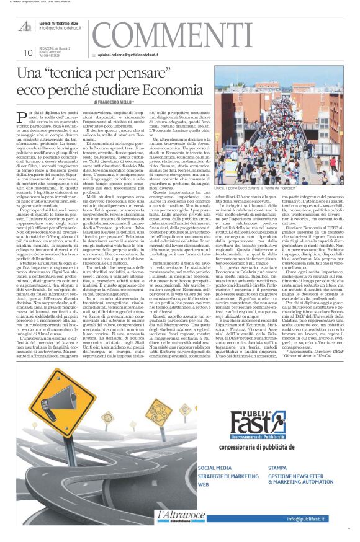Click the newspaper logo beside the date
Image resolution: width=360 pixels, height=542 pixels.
[25, 25]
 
